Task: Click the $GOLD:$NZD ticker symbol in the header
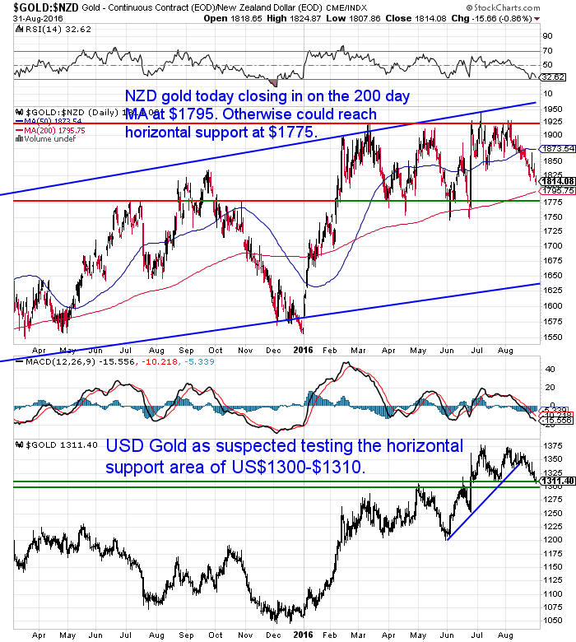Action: click(x=38, y=7)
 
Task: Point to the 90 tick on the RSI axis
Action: click(x=546, y=35)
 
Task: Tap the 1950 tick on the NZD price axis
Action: click(x=550, y=109)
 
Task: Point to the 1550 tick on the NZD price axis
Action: click(x=550, y=337)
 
